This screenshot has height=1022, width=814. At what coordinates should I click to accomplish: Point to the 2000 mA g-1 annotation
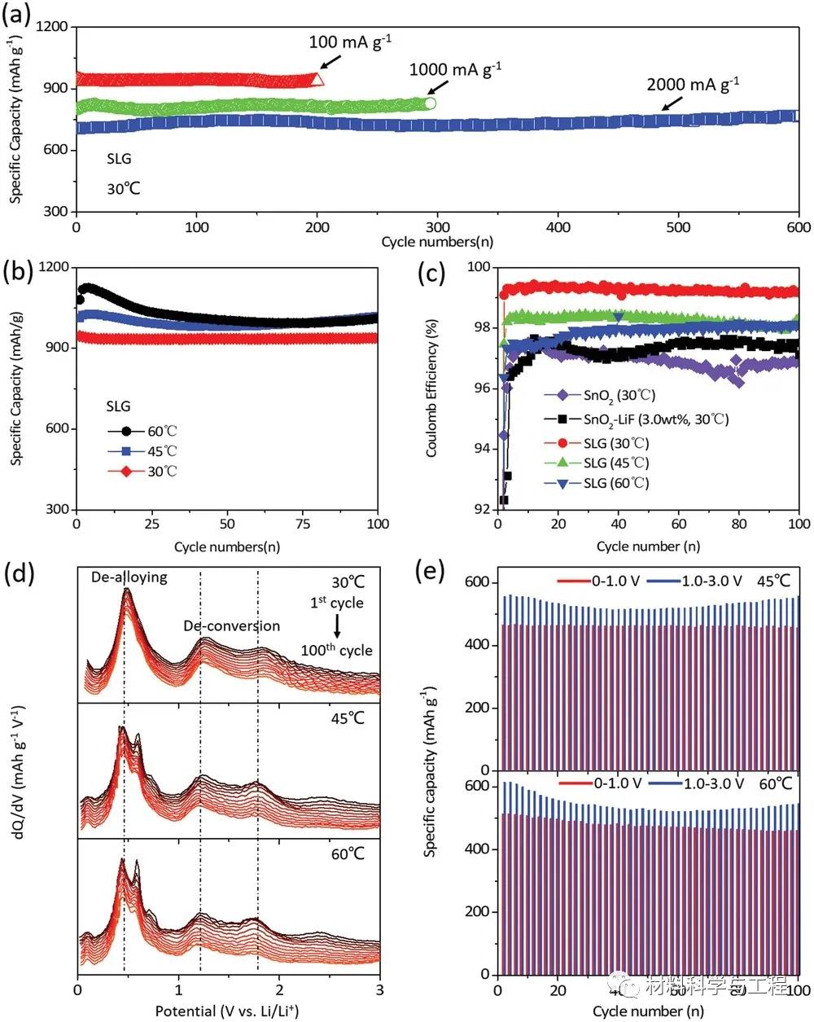point(693,84)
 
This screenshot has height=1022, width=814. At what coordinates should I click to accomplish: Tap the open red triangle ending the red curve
point(317,79)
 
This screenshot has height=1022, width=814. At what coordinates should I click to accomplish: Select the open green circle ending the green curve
point(431,103)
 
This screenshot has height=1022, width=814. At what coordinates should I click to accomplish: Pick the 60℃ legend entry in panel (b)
point(147,431)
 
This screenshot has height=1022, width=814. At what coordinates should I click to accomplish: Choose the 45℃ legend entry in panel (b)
point(147,451)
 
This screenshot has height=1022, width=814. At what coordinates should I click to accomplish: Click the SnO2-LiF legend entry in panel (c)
point(635,419)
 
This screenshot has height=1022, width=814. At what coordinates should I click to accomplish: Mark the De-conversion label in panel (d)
point(231,626)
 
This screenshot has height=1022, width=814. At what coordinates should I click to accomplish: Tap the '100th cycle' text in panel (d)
point(336,650)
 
